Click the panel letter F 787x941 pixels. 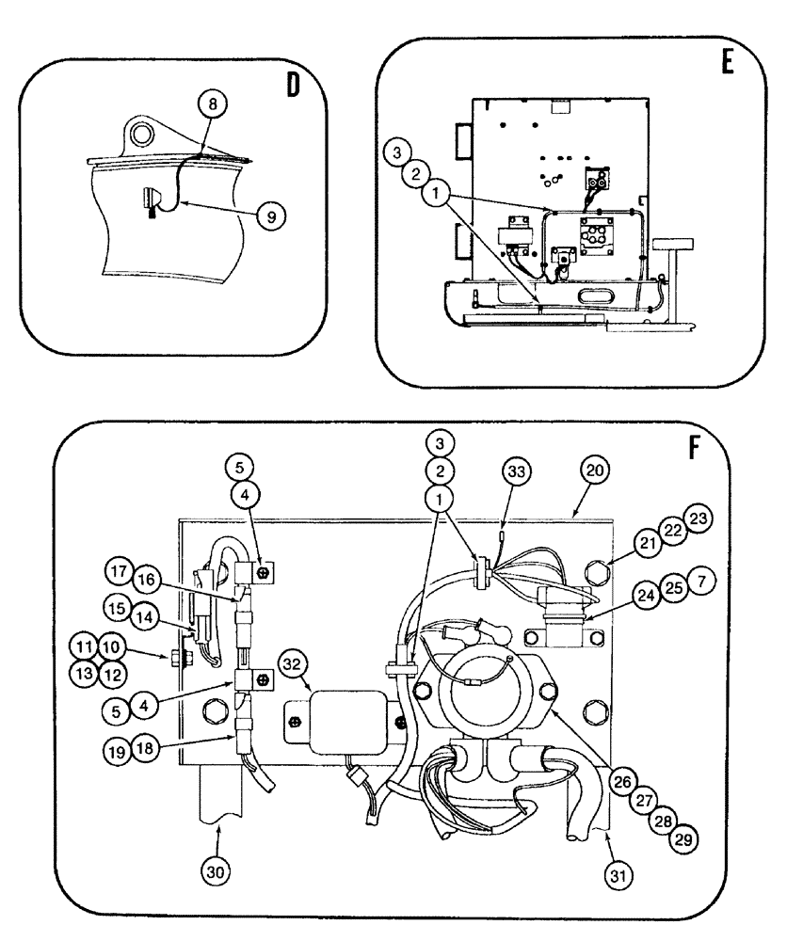(x=696, y=448)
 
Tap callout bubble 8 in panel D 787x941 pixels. (x=212, y=104)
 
